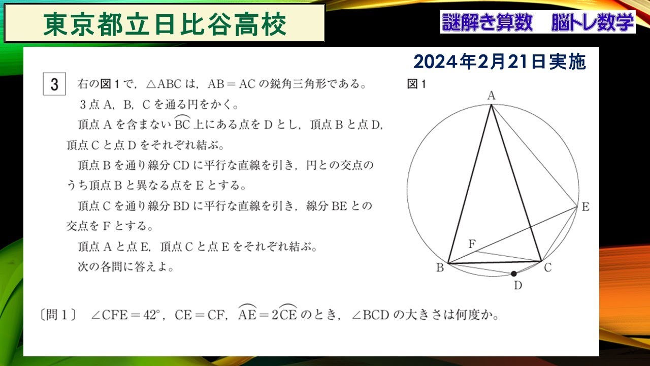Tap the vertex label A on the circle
pyautogui.click(x=491, y=95)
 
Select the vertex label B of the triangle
pyautogui.click(x=440, y=268)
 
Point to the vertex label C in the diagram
pyautogui.click(x=547, y=268)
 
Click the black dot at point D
pyautogui.click(x=514, y=273)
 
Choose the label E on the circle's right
pyautogui.click(x=585, y=207)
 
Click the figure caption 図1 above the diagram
pyautogui.click(x=416, y=84)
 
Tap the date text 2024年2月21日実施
pyautogui.click(x=500, y=62)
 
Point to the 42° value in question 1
pyautogui.click(x=151, y=316)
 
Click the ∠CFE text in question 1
pyautogui.click(x=108, y=316)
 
